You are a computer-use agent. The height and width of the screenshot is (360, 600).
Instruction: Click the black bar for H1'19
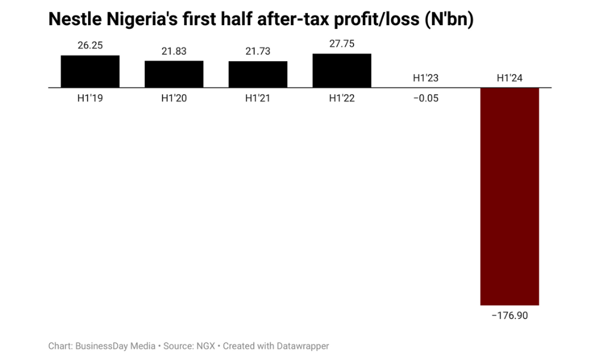pyautogui.click(x=90, y=71)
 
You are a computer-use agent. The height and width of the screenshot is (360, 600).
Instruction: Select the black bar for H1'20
pyautogui.click(x=174, y=74)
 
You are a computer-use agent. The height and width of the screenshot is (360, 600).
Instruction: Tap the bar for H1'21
pyautogui.click(x=258, y=74)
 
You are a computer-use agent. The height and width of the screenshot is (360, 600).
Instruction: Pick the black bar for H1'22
pyautogui.click(x=342, y=71)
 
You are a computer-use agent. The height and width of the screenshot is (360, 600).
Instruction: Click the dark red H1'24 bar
pyautogui.click(x=509, y=196)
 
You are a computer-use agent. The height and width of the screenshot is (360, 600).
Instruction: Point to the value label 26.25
pyautogui.click(x=90, y=46)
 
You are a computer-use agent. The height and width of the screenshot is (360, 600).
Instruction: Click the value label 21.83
pyautogui.click(x=174, y=52)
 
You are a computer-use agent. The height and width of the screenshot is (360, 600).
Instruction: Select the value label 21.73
pyautogui.click(x=258, y=52)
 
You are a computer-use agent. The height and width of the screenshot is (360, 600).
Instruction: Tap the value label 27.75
pyautogui.click(x=342, y=44)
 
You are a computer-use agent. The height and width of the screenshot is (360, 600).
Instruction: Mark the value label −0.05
pyautogui.click(x=425, y=98)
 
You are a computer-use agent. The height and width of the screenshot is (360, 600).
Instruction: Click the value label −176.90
pyautogui.click(x=509, y=316)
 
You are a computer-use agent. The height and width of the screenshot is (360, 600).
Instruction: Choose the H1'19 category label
pyautogui.click(x=90, y=98)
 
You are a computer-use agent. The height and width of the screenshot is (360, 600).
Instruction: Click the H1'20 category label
pyautogui.click(x=174, y=98)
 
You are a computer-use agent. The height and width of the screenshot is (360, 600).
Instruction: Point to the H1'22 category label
pyautogui.click(x=342, y=98)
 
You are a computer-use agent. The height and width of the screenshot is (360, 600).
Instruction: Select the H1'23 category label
pyautogui.click(x=425, y=78)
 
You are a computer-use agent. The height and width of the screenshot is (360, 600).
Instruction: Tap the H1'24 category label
pyautogui.click(x=509, y=78)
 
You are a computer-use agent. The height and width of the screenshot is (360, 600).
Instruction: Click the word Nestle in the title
pyautogui.click(x=73, y=20)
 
